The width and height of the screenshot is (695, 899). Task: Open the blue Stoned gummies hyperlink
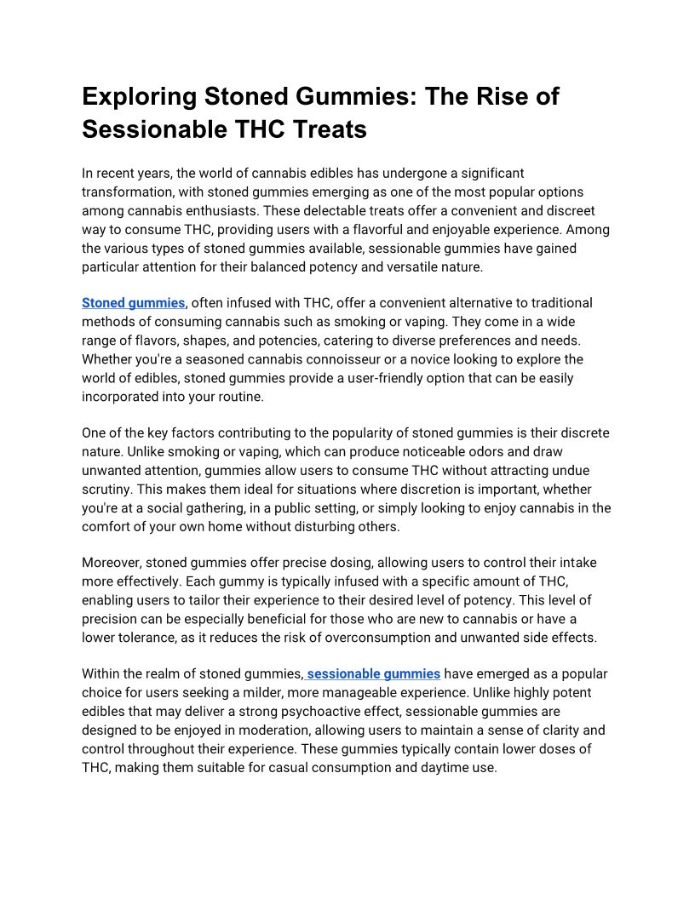point(133,303)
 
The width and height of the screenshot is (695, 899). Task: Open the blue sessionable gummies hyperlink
point(374,674)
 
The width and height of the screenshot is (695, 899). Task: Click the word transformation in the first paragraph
point(124,192)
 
